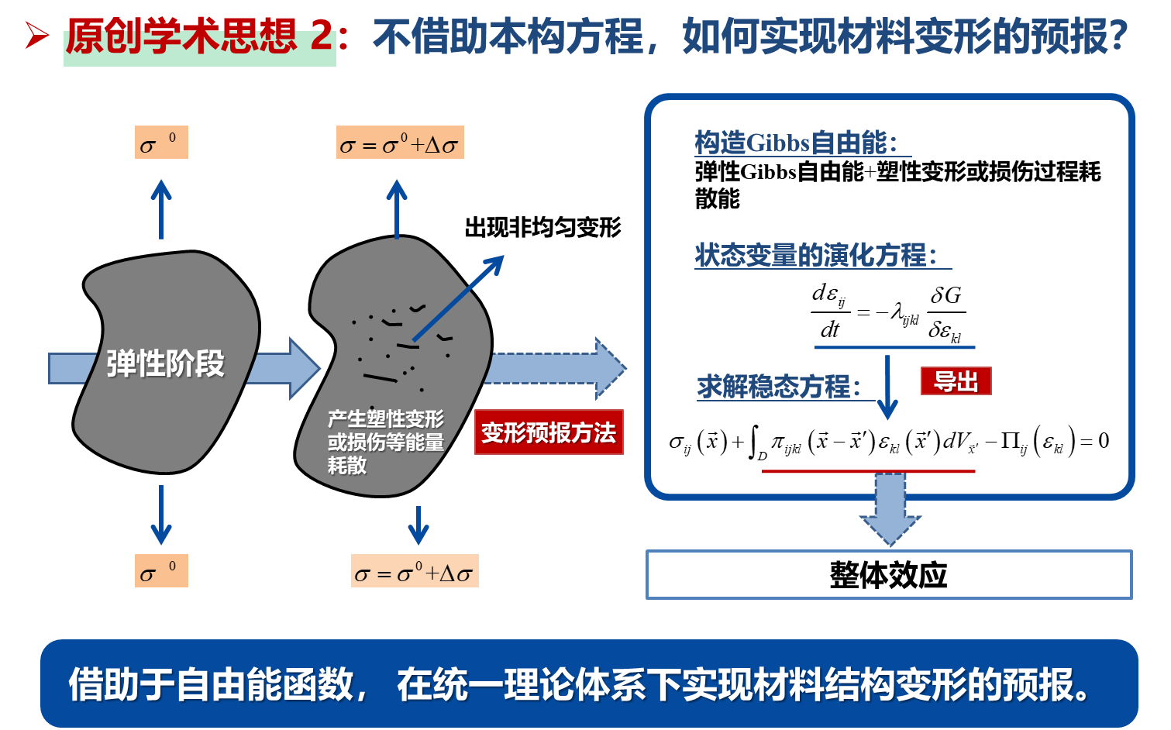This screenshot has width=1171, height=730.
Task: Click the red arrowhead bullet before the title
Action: pos(36,36)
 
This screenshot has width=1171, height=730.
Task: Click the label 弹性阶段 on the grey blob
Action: pos(165,363)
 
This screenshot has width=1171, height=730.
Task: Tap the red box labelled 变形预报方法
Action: pos(549,432)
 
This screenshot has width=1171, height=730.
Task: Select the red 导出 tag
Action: pos(956,381)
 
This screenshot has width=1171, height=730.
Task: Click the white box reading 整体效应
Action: pos(889,575)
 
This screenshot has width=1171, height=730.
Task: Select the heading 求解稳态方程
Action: pos(779,387)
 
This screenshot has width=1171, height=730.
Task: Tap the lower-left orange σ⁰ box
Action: pos(161,571)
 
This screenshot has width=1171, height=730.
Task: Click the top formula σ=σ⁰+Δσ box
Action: pos(400,143)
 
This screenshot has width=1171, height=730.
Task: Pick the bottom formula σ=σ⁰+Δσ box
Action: pos(415,572)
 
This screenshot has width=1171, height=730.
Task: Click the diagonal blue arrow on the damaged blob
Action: pos(459,298)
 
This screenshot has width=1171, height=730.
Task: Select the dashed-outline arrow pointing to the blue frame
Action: pos(554,368)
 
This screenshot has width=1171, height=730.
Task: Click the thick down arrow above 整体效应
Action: pos(890,509)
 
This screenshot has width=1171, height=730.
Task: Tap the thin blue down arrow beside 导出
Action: pos(887,387)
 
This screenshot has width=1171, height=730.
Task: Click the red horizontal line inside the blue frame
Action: pos(868,471)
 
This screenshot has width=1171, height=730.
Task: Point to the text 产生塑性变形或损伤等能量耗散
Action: pos(385,442)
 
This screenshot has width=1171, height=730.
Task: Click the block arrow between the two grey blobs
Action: pos(284,368)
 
